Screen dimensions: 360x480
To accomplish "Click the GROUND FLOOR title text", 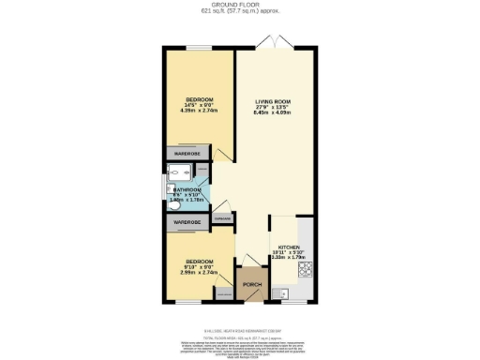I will pyautogui.click(x=239, y=5).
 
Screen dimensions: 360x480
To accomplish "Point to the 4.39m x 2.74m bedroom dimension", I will pyautogui.click(x=199, y=111).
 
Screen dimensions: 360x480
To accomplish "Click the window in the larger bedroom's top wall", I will pyautogui.click(x=198, y=48).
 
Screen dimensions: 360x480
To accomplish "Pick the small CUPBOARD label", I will pyautogui.click(x=223, y=218).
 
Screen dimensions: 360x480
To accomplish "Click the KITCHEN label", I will pyautogui.click(x=288, y=247).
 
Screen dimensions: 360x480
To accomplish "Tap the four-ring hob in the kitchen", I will pyautogui.click(x=306, y=271).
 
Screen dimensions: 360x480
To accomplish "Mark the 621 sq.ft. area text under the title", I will pyautogui.click(x=239, y=12).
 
